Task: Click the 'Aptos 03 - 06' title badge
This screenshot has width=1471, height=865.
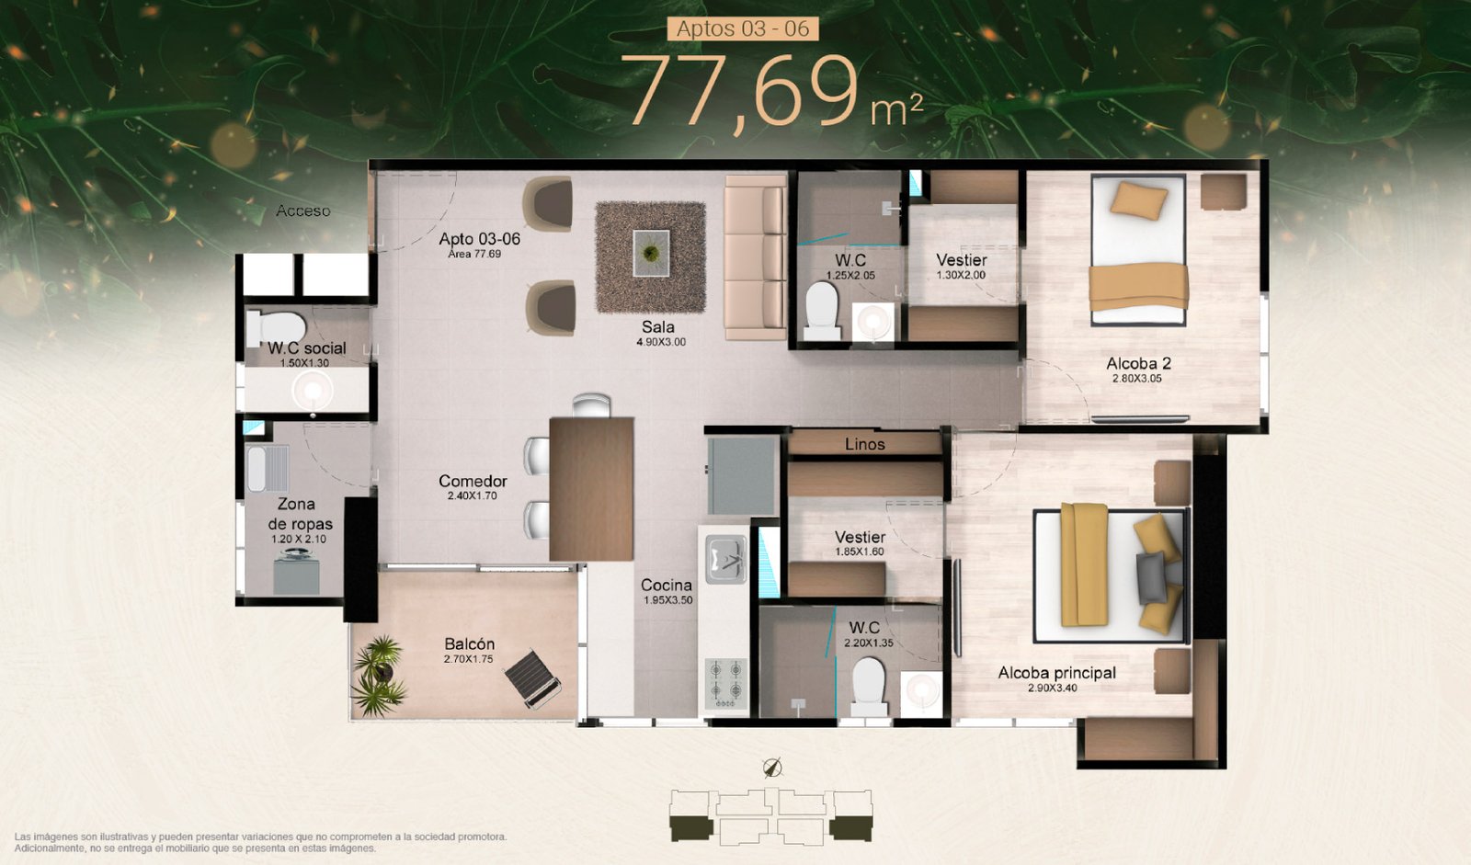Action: pos(743,28)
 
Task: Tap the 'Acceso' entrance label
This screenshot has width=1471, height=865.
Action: pos(302,211)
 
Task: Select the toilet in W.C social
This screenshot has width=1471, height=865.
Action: pos(276,328)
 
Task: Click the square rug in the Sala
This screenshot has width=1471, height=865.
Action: pos(651,256)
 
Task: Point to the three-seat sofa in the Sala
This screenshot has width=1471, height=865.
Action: pos(755,256)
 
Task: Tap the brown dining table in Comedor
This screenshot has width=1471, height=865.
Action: pos(591,489)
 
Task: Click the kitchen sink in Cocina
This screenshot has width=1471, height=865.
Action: pos(725,559)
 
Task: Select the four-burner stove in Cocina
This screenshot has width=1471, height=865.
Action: pos(725,683)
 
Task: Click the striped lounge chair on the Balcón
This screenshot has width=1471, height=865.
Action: pos(532,678)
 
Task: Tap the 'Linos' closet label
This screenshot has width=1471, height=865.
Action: pos(865,445)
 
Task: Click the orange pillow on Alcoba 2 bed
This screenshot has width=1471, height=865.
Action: pos(1139,200)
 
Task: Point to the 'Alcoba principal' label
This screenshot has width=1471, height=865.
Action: pos(1056,673)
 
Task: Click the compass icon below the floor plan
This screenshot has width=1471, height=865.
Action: pos(772,768)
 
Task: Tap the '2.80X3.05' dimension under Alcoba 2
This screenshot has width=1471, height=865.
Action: pos(1136,379)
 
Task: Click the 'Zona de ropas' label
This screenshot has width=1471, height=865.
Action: pos(300,514)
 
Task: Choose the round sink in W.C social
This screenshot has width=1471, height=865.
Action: pos(313,390)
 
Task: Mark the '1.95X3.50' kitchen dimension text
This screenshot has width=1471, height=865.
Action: pos(667,599)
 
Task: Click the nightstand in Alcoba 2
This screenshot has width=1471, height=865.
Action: pos(1224,192)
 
